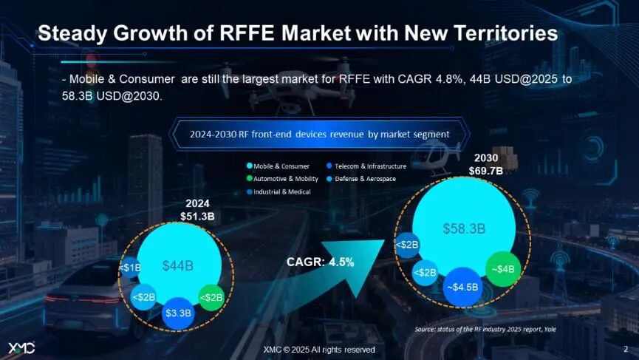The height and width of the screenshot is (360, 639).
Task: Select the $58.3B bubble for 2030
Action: click(463, 228)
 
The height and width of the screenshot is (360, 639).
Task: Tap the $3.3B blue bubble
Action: click(177, 312)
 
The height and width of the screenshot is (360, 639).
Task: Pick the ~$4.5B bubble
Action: click(464, 287)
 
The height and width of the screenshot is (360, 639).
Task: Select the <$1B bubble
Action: click(131, 268)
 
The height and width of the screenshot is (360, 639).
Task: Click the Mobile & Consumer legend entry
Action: click(277, 166)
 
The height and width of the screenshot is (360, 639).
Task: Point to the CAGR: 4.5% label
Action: click(320, 262)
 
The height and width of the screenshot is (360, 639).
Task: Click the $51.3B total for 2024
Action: click(197, 216)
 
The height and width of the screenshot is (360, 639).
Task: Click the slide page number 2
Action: click(626, 348)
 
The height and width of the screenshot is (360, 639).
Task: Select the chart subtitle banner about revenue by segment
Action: click(319, 135)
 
